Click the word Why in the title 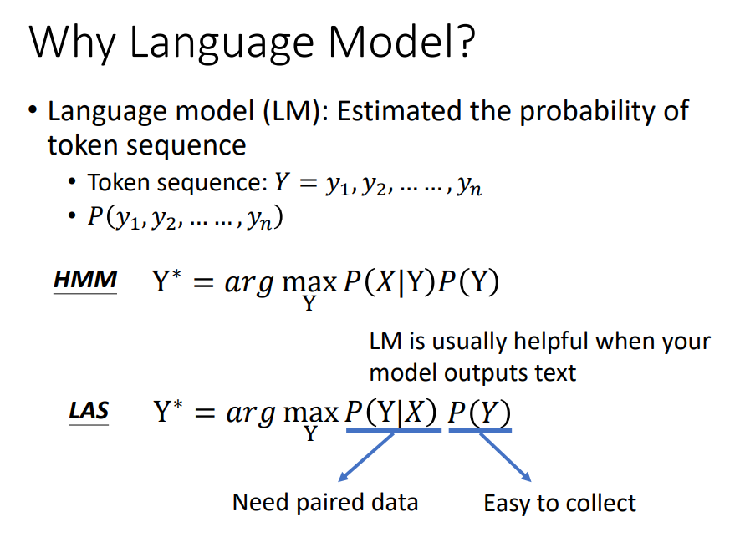point(72,43)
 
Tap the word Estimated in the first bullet point(399,111)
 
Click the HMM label point(85,279)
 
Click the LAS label point(89,410)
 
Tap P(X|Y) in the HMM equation point(390,282)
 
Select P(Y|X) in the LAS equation point(391,412)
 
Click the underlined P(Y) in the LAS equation point(479,413)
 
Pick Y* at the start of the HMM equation point(167,281)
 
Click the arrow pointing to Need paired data point(366,457)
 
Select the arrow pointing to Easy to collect point(505,457)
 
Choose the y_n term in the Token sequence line point(470,185)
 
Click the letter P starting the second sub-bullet point(94,217)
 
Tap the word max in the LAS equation point(310,413)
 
